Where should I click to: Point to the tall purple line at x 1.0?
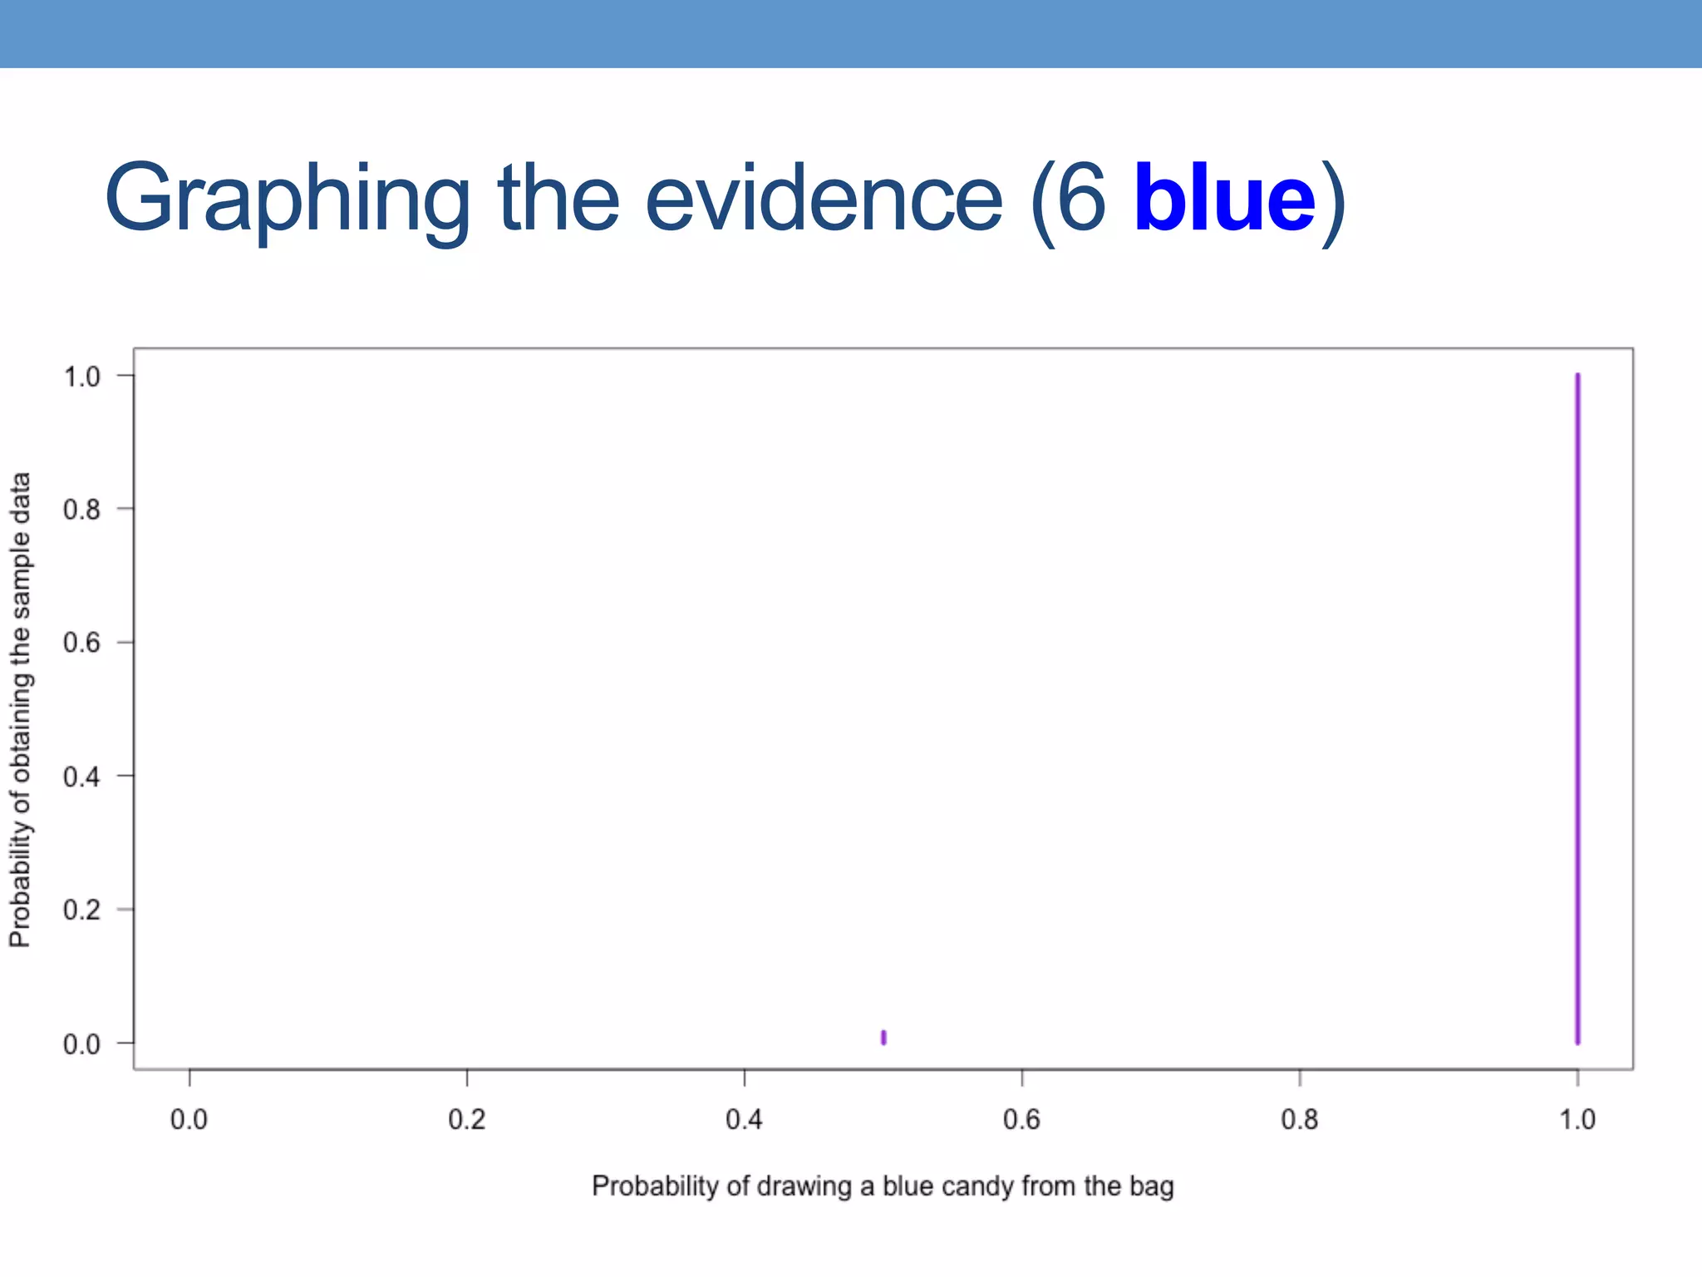[x=1577, y=707]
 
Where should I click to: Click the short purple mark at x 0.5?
[x=883, y=1037]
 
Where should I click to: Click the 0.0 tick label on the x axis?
[x=189, y=1120]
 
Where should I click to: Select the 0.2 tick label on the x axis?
[x=466, y=1120]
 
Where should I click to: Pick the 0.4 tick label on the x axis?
[x=744, y=1120]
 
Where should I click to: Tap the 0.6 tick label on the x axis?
[x=1021, y=1120]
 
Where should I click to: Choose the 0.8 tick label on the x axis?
[x=1299, y=1120]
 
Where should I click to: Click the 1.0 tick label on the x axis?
[x=1577, y=1120]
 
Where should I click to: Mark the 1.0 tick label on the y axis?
[x=81, y=377]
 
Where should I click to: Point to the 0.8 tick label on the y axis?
[x=81, y=510]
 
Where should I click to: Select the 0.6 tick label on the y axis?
[x=81, y=643]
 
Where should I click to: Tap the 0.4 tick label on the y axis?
[x=81, y=777]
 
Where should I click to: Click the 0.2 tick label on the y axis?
[x=81, y=910]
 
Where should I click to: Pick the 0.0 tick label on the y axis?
[x=81, y=1043]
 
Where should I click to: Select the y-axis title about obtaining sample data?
[x=20, y=709]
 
